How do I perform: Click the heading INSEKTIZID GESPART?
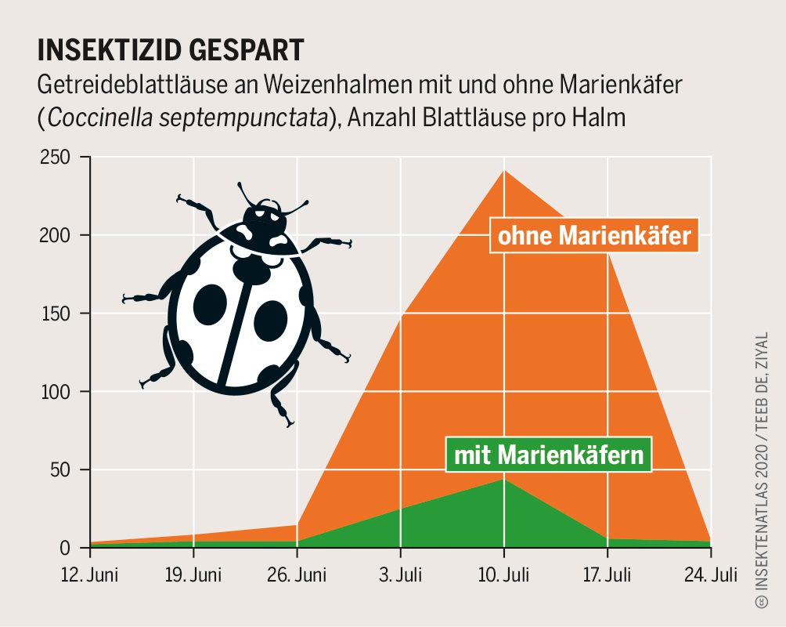tap(171, 49)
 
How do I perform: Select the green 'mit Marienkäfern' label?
tap(548, 455)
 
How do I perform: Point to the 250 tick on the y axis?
tap(59, 158)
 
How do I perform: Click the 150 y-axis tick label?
tap(59, 313)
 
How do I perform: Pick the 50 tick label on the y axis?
tap(63, 469)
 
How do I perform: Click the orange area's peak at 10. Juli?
tap(504, 171)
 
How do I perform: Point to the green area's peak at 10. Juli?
tap(504, 479)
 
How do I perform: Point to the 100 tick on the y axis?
tap(59, 392)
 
